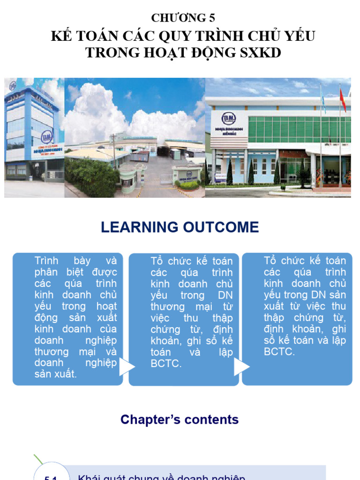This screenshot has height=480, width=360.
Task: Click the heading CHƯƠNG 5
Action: [x=183, y=18]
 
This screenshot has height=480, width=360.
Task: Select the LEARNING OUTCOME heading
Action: [x=180, y=227]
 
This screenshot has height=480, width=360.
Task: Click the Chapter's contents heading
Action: [x=180, y=420]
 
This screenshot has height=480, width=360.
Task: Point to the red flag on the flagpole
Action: [x=343, y=100]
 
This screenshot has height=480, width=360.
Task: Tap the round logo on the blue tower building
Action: [x=47, y=136]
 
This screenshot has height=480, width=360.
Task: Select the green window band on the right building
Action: [x=299, y=129]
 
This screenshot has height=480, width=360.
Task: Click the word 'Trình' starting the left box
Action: [x=46, y=261]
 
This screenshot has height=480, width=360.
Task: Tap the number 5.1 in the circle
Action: [x=51, y=477]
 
